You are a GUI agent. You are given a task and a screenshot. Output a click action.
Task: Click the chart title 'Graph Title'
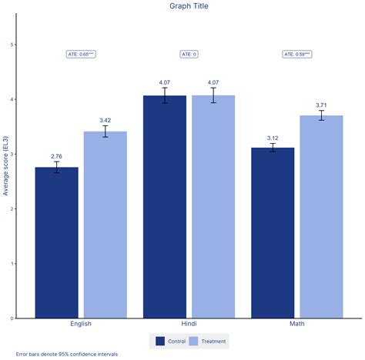click(x=189, y=6)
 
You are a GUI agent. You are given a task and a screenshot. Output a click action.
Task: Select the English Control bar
click(x=56, y=242)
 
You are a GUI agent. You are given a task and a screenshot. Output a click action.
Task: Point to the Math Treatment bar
click(x=321, y=216)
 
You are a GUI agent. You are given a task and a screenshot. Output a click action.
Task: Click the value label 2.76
click(x=56, y=157)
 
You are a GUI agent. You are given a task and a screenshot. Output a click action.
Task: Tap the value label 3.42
click(x=105, y=121)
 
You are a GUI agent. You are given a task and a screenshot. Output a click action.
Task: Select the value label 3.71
click(x=321, y=105)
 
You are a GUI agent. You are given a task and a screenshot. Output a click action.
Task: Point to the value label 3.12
click(x=273, y=137)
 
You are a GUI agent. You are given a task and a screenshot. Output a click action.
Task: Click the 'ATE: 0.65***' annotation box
click(x=81, y=54)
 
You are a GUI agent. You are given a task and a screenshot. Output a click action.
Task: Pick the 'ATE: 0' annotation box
click(x=189, y=54)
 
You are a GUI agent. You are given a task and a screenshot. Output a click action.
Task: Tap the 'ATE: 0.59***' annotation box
click(x=297, y=54)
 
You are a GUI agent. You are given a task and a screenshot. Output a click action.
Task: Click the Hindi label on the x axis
click(x=189, y=324)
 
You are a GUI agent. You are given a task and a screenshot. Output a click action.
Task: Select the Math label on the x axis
click(x=297, y=324)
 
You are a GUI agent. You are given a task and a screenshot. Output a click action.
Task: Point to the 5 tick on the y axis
click(x=12, y=45)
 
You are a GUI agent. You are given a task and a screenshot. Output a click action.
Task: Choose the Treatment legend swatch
click(x=193, y=341)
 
